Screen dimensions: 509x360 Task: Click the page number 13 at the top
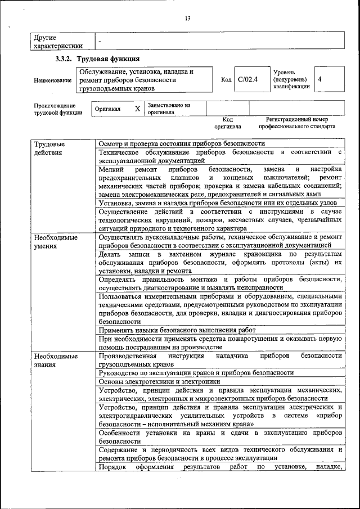point(187,19)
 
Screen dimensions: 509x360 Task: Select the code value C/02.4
point(247,80)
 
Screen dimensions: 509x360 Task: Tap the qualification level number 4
point(319,80)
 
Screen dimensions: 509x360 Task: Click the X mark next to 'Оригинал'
point(137,109)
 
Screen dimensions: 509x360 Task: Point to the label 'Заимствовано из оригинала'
point(169,109)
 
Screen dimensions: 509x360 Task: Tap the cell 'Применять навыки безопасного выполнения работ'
point(177,330)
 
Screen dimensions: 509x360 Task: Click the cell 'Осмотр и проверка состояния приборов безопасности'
point(181,144)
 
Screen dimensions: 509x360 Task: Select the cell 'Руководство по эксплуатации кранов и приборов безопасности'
point(196,372)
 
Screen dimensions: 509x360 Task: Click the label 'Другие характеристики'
point(58,42)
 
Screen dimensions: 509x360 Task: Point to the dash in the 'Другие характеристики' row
point(100,42)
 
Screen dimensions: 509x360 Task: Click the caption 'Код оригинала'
point(227,123)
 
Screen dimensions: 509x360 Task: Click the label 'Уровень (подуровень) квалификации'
point(291,80)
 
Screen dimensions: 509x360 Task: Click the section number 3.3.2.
point(65,59)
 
